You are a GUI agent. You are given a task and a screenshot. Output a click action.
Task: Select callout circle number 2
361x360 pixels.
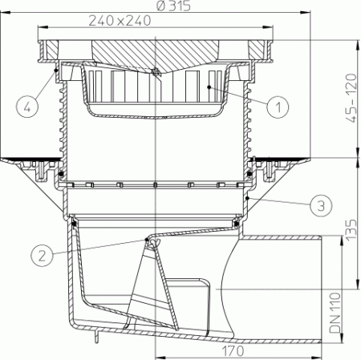(x=44, y=254)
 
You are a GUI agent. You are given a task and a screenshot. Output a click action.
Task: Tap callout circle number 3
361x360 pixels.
(x=320, y=205)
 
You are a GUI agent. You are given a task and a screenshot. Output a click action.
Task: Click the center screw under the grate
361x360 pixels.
(x=156, y=74)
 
